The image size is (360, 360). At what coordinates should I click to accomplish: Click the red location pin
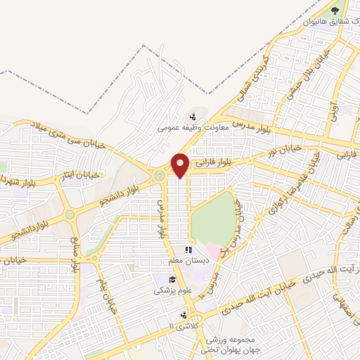click(x=180, y=165)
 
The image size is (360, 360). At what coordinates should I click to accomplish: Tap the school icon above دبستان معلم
click(x=188, y=250)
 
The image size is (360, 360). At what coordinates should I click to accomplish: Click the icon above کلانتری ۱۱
click(x=184, y=315)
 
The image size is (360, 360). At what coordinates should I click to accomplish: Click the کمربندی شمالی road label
click(x=255, y=77)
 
